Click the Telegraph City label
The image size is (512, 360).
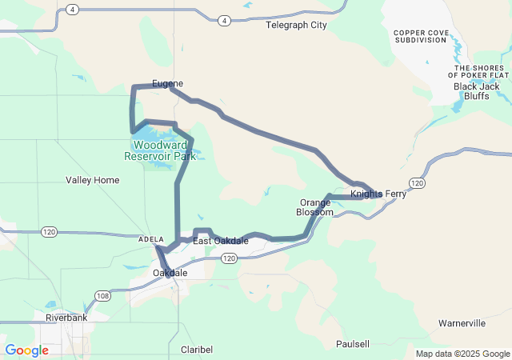(x=296, y=25)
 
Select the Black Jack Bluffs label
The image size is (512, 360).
(x=478, y=86)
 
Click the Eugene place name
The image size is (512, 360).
(x=167, y=83)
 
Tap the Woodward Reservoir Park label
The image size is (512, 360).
(x=160, y=150)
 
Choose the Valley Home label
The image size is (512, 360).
(x=92, y=180)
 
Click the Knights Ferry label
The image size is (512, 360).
(x=378, y=194)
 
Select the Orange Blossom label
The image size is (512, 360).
(x=315, y=207)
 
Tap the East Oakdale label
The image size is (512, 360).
(x=220, y=241)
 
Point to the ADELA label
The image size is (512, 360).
(x=150, y=239)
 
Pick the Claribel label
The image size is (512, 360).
(x=197, y=350)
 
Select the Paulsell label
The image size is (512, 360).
(x=352, y=343)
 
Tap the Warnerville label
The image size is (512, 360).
(x=462, y=323)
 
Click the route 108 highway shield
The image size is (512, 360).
(x=102, y=297)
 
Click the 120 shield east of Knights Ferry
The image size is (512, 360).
(x=416, y=183)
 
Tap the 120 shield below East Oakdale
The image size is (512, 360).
(x=229, y=258)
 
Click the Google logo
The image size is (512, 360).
(x=26, y=350)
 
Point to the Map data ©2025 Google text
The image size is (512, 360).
(x=462, y=354)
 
